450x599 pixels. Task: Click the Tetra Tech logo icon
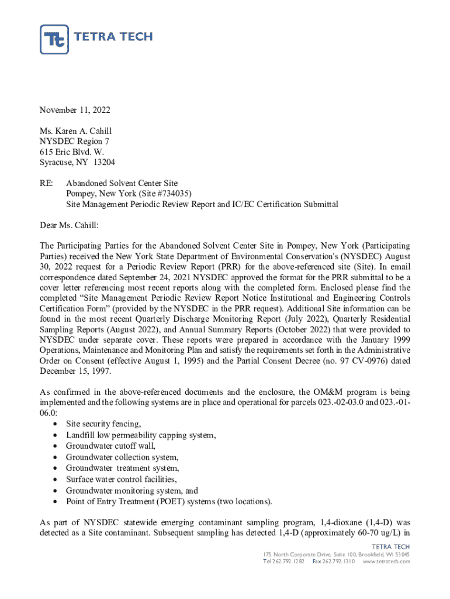[x=54, y=39]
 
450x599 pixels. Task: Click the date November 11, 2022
[x=75, y=110]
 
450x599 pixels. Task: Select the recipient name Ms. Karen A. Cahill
[x=75, y=131]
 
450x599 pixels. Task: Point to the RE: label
[x=47, y=184]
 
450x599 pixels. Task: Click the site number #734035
[x=174, y=194]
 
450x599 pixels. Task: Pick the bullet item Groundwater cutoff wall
[x=110, y=446]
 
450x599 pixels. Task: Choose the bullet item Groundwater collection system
[x=122, y=457]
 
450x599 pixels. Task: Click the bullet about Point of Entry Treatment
[x=169, y=502]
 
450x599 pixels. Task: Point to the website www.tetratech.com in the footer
[x=386, y=562]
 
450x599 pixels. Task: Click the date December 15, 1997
[x=75, y=371]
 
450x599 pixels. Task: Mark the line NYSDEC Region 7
[x=74, y=142]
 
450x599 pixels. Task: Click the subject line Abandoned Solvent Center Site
[x=122, y=184]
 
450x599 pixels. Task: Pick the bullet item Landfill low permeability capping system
[x=141, y=435]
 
